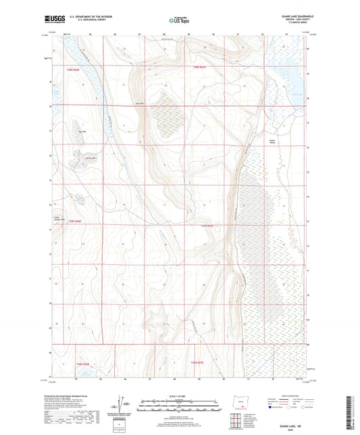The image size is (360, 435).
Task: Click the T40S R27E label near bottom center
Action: click(x=200, y=363)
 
